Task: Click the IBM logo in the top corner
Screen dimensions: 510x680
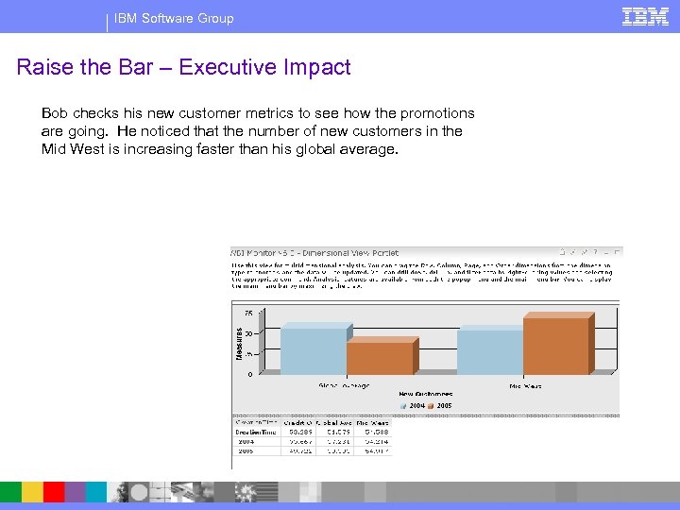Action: (646, 16)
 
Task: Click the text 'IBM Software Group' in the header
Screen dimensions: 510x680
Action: (174, 18)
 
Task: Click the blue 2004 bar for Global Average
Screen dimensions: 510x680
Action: (314, 351)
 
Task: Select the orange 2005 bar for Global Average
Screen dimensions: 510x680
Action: (379, 359)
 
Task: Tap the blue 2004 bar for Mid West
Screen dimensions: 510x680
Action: (489, 352)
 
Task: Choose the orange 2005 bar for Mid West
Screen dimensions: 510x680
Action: (555, 347)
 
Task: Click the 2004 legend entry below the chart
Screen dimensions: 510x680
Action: (414, 406)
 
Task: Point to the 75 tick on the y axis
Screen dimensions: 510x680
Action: (248, 312)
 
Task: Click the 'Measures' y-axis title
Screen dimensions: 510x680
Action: (239, 342)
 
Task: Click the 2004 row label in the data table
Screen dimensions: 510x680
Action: (246, 440)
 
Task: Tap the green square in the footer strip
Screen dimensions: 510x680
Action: (11, 492)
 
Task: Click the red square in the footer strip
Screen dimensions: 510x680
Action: (54, 492)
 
